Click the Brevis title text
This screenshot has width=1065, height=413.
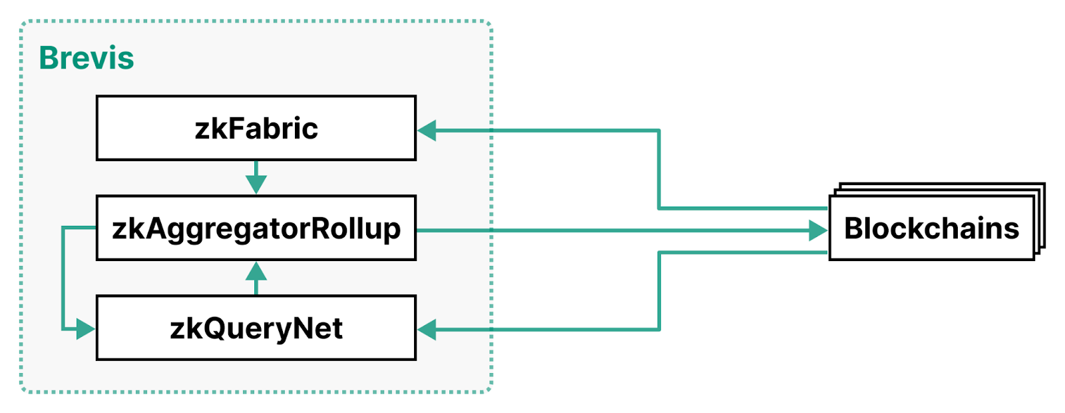[87, 58]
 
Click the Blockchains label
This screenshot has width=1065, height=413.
[931, 228]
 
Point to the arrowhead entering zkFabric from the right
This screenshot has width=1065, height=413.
[427, 131]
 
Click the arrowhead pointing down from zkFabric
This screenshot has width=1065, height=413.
[256, 185]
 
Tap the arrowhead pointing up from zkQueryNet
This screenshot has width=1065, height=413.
[256, 270]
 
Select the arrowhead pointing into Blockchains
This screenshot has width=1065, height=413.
[819, 230]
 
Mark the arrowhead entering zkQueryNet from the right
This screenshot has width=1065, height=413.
[427, 330]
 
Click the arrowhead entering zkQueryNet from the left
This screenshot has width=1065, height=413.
[86, 329]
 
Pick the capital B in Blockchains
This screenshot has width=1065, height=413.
[853, 228]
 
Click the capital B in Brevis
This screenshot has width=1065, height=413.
[49, 58]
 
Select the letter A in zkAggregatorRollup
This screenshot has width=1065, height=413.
[156, 228]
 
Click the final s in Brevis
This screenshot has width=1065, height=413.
[126, 61]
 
